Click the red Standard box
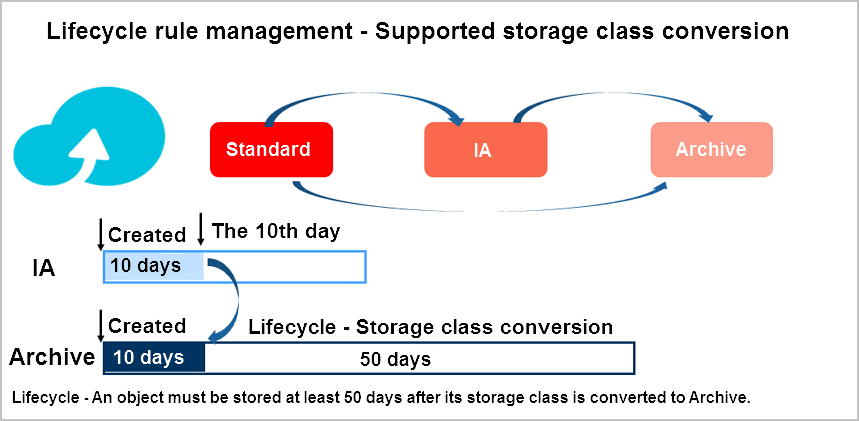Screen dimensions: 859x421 coord(271,150)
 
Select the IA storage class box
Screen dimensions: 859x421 coord(485,150)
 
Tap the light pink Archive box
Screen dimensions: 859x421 coord(712,150)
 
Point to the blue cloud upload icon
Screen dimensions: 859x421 coord(89,138)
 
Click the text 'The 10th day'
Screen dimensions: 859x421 coord(276,231)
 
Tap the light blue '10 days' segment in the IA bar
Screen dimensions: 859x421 coord(154,266)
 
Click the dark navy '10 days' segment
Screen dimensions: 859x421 coord(154,358)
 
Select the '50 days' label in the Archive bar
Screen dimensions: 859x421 coord(395,360)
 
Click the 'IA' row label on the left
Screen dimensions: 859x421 coord(43,269)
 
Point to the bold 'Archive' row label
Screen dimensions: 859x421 coord(52,357)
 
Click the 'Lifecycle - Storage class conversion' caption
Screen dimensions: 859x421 coord(431,327)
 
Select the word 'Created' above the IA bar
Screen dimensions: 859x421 coord(147,235)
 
